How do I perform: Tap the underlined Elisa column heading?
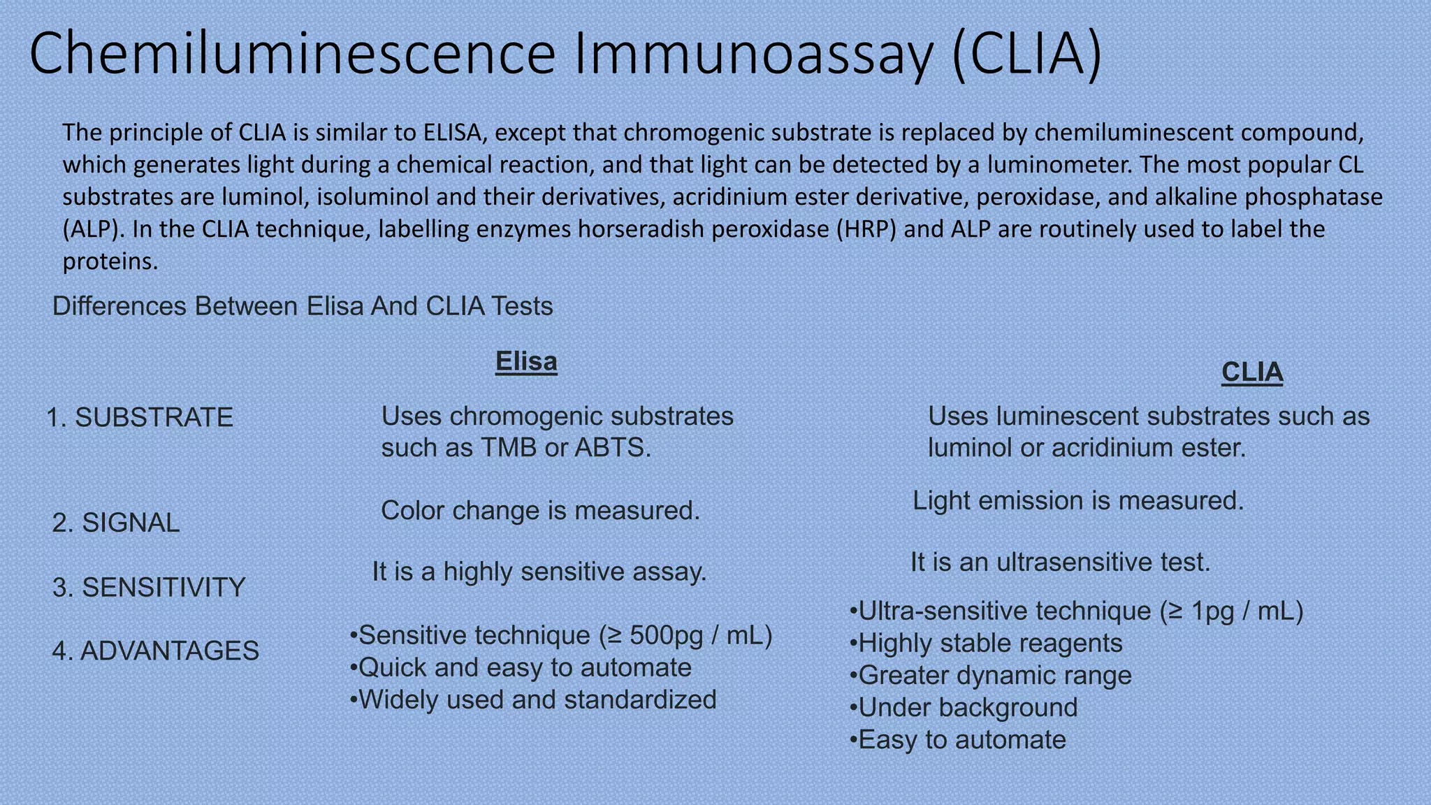[526, 361]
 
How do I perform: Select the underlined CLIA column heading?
[1251, 372]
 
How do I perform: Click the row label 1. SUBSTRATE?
[140, 417]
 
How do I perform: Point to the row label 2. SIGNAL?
[116, 523]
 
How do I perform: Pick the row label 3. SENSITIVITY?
[149, 587]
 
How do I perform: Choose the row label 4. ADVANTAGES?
[155, 651]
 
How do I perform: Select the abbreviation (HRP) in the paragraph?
[866, 229]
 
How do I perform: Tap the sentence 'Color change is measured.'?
[540, 511]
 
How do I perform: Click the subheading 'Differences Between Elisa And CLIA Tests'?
[303, 306]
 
